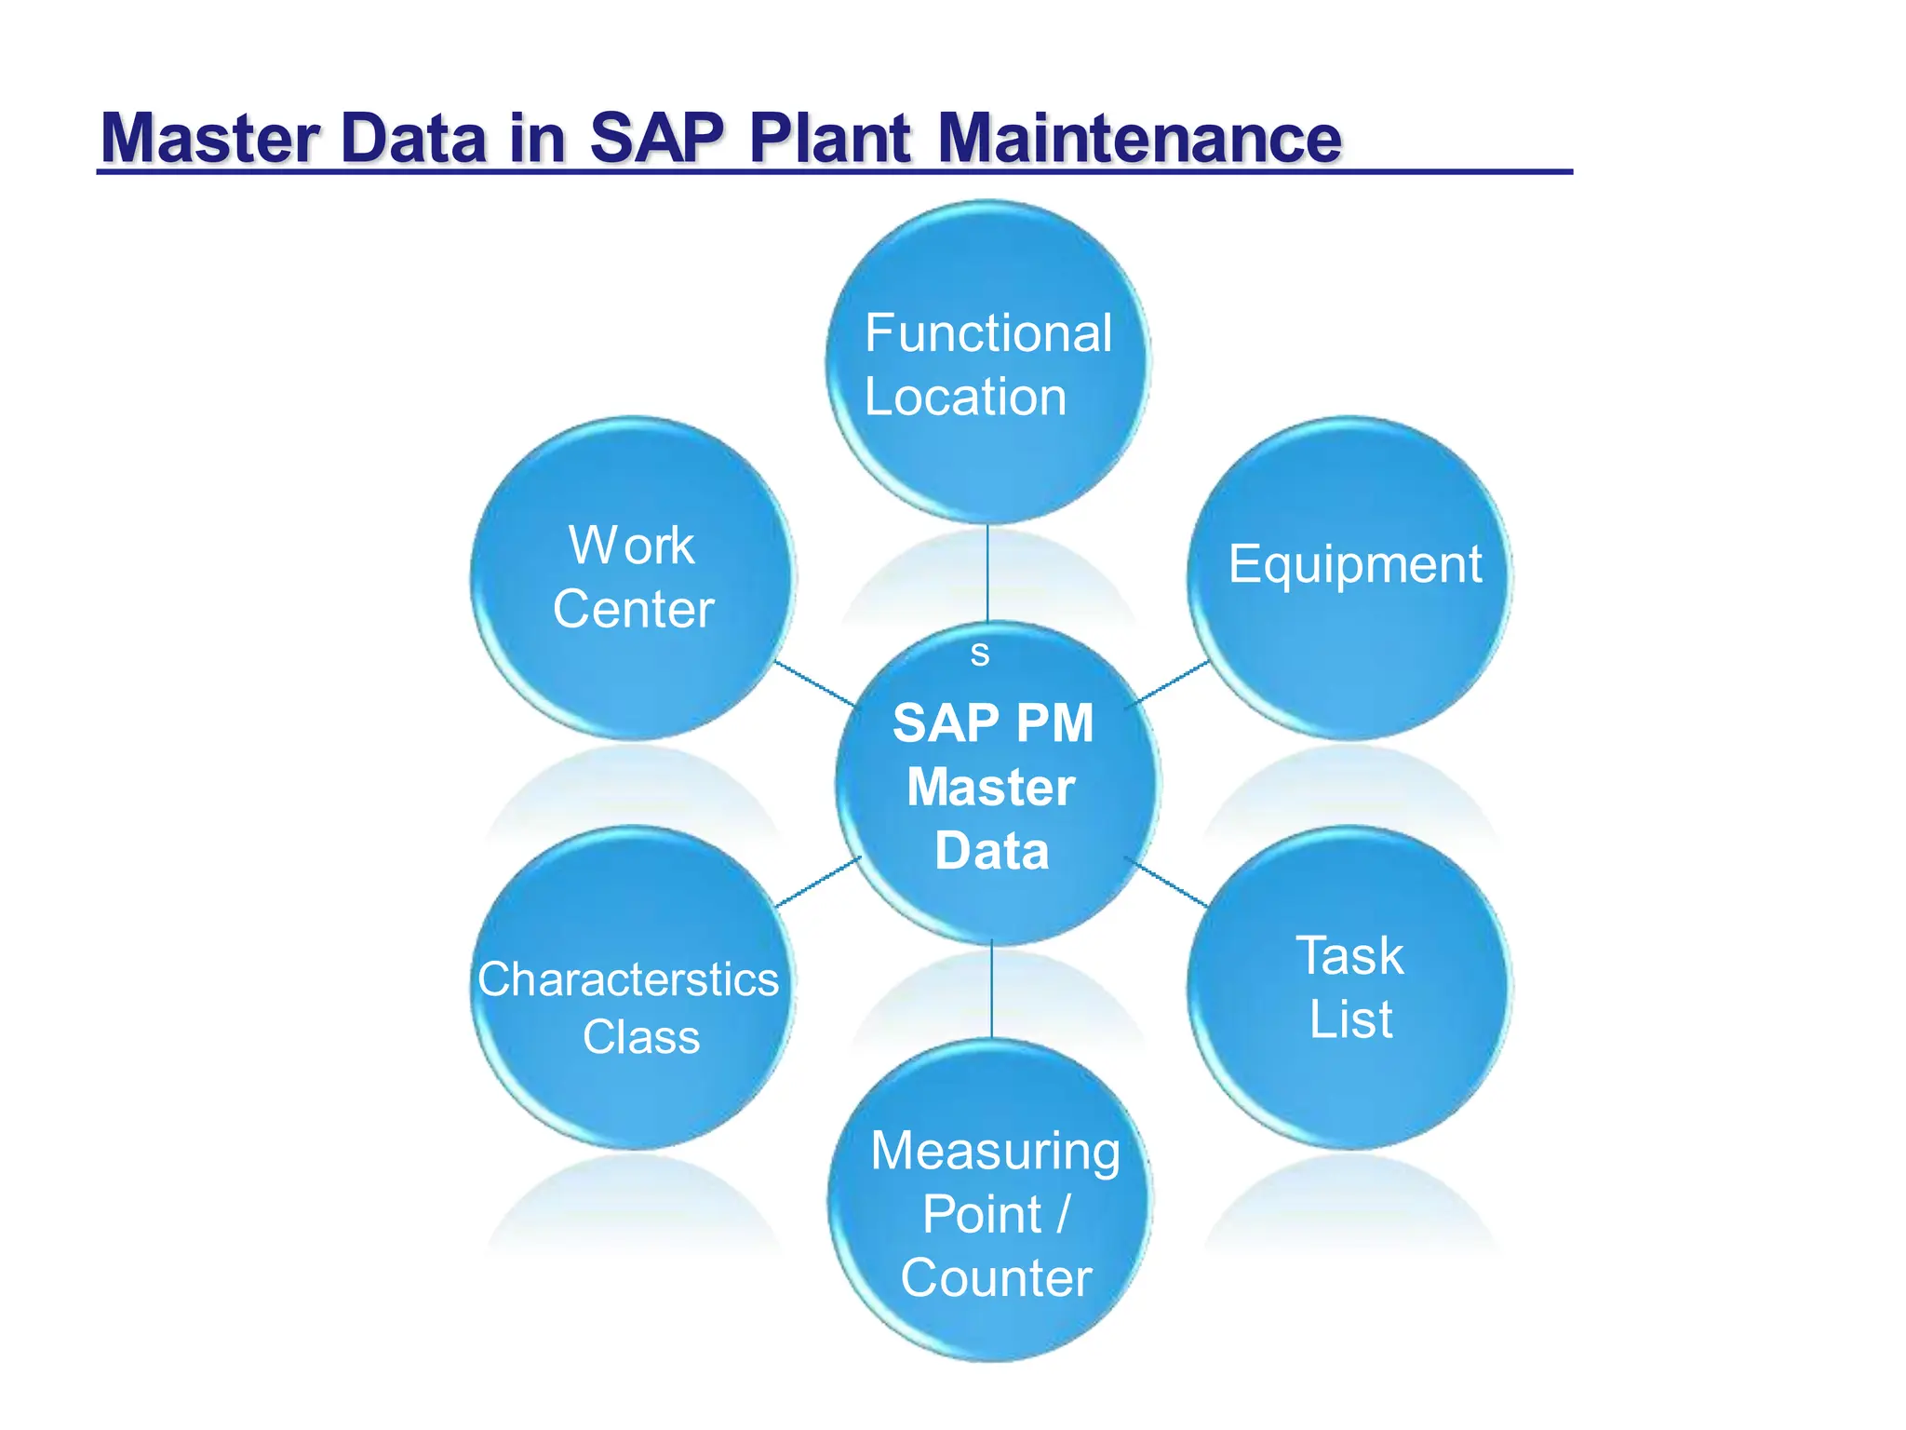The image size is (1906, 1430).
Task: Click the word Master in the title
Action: tap(210, 139)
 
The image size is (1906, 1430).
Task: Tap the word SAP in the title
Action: tap(656, 139)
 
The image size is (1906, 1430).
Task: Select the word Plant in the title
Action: tap(829, 139)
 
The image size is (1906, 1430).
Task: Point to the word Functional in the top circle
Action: tap(987, 333)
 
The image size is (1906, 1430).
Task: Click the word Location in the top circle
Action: tap(965, 398)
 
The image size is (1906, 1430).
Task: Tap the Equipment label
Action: tap(1354, 564)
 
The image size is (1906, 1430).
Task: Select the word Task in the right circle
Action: tap(1349, 956)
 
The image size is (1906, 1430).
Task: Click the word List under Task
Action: tap(1350, 1019)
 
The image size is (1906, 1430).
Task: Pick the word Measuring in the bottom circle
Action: tap(995, 1152)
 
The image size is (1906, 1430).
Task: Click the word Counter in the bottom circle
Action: tap(995, 1278)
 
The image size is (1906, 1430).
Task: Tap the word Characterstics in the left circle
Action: tap(628, 980)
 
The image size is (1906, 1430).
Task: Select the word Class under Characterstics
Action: tap(641, 1038)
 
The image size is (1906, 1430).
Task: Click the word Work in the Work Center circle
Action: tap(632, 546)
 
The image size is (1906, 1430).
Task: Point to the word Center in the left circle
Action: tap(633, 610)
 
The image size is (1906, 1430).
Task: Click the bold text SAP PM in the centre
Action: tap(993, 723)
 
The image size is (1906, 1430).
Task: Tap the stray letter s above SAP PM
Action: tap(979, 654)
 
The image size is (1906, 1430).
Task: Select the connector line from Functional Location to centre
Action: tap(987, 573)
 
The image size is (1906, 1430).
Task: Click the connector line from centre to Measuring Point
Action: tap(992, 989)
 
